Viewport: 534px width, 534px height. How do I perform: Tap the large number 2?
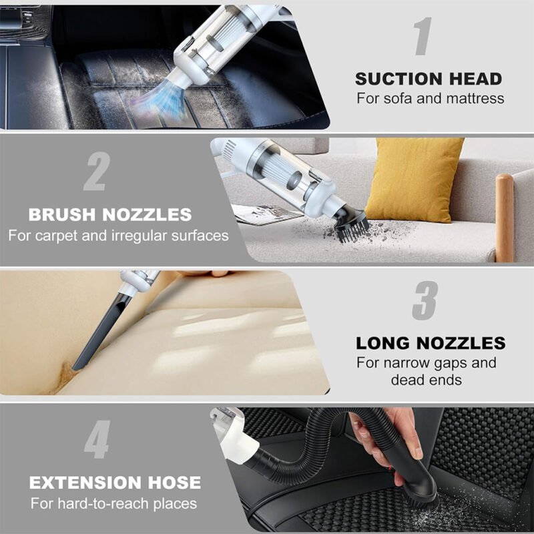click(97, 172)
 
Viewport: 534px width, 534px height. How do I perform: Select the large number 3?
click(425, 300)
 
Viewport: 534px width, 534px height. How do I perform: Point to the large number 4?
click(97, 439)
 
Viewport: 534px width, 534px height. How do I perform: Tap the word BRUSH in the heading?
click(62, 214)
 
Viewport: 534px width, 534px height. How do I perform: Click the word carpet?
click(57, 236)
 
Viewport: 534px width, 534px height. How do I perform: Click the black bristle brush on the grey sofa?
click(352, 225)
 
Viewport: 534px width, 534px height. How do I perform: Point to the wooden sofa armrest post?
click(504, 218)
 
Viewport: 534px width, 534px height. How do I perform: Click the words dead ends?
click(427, 380)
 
